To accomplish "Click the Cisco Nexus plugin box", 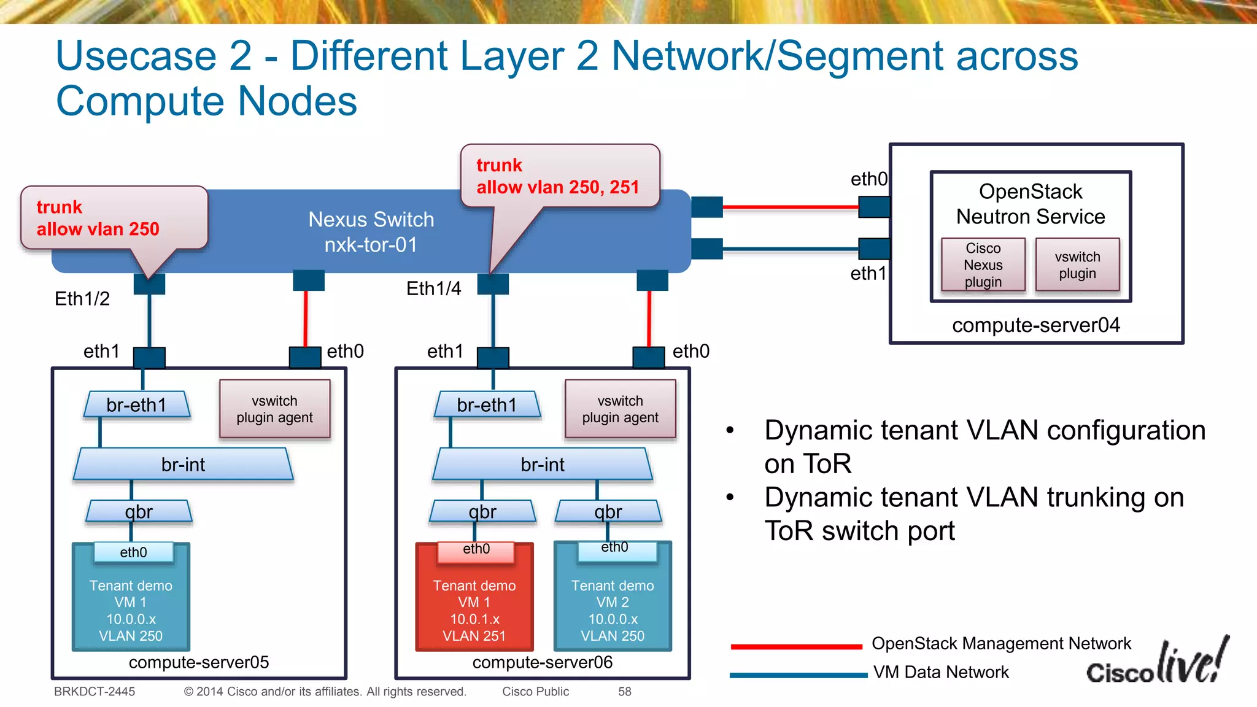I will click(983, 265).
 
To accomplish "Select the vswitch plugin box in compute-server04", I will click(1077, 265).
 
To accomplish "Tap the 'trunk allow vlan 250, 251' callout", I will click(559, 176).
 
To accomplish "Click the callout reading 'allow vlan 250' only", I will click(114, 218).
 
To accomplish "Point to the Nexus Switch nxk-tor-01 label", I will click(371, 232).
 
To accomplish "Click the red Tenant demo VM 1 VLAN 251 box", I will click(474, 605).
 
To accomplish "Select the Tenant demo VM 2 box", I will click(613, 605).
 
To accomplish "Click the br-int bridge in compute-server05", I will click(183, 465).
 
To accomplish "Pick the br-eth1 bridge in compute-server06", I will click(487, 405).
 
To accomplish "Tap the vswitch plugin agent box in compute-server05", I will click(274, 409).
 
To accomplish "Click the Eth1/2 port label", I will click(82, 299).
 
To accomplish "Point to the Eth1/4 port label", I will click(433, 288).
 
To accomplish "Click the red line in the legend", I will click(796, 646).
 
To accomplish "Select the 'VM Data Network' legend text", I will click(941, 672).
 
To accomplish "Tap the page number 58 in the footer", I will click(624, 692).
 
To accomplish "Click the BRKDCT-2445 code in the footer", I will click(95, 692).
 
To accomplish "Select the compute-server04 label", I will click(1035, 325).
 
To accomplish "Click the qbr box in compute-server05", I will click(139, 511).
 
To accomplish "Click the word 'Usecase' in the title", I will click(136, 56).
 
